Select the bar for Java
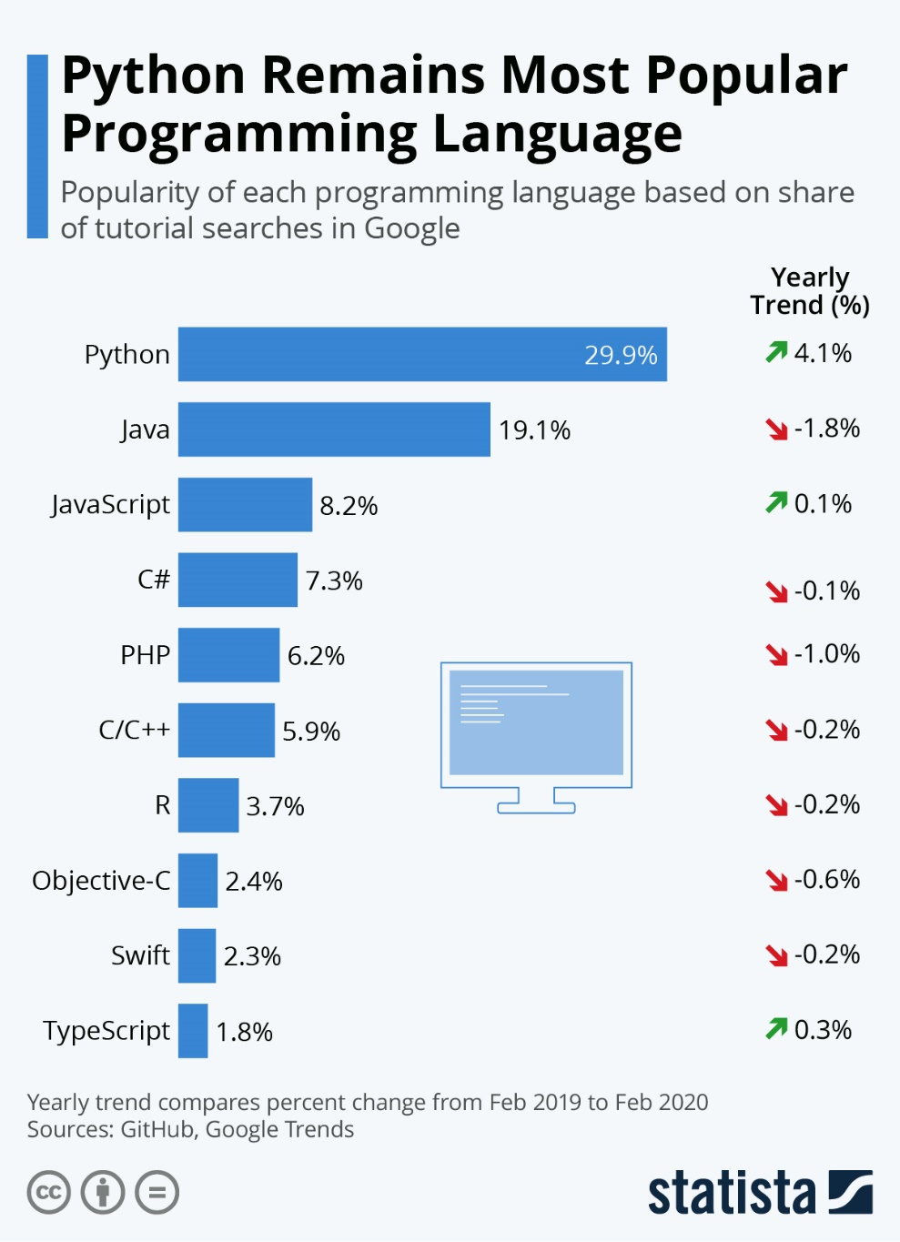pos(334,429)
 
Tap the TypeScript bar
pos(193,1031)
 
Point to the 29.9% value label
pos(621,355)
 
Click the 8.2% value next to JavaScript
pos(349,505)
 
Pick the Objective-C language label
pos(101,881)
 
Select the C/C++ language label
pos(134,730)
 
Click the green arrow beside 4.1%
pos(776,351)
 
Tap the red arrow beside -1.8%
pos(776,429)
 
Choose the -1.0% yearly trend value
pos(826,653)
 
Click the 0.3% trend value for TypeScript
pos(823,1029)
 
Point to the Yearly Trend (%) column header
pos(810,290)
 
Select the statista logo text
pos(732,1193)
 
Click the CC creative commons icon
pos(48,1193)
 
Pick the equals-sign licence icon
pos(157,1193)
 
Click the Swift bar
pos(197,955)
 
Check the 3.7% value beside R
pos(275,806)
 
